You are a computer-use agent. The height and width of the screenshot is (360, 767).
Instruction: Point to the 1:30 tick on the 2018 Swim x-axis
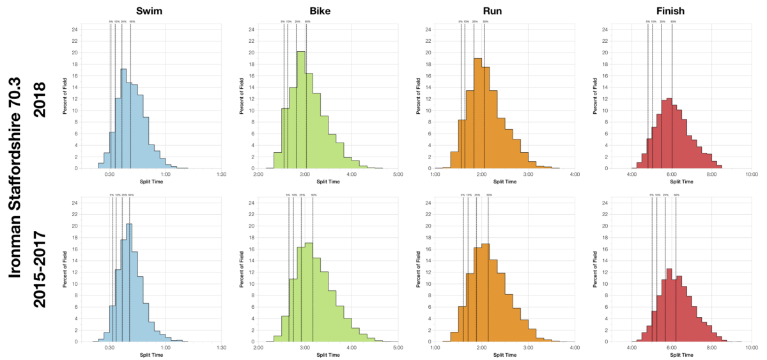(x=221, y=174)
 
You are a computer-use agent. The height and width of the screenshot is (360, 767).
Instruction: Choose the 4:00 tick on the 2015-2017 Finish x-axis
(x=631, y=347)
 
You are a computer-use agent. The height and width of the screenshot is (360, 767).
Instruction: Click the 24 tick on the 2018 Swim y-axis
(x=75, y=29)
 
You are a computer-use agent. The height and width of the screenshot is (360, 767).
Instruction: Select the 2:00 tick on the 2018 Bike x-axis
(x=258, y=174)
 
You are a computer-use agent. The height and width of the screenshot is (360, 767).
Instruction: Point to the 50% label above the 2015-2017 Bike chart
(x=313, y=195)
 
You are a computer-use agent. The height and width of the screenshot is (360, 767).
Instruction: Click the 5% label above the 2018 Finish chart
(x=647, y=22)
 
